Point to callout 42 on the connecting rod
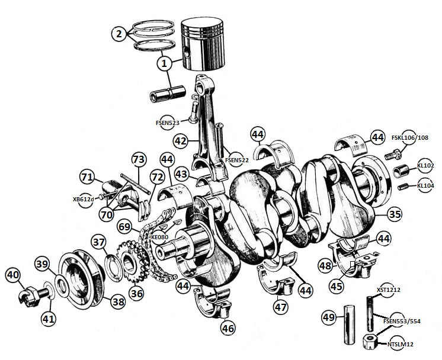point(181,141)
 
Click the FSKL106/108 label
point(409,138)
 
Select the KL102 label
point(425,166)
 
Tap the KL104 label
point(425,185)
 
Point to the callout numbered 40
point(13,275)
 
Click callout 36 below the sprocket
point(137,293)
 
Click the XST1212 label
point(389,290)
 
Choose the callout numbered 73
point(138,159)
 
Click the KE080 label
point(159,237)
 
